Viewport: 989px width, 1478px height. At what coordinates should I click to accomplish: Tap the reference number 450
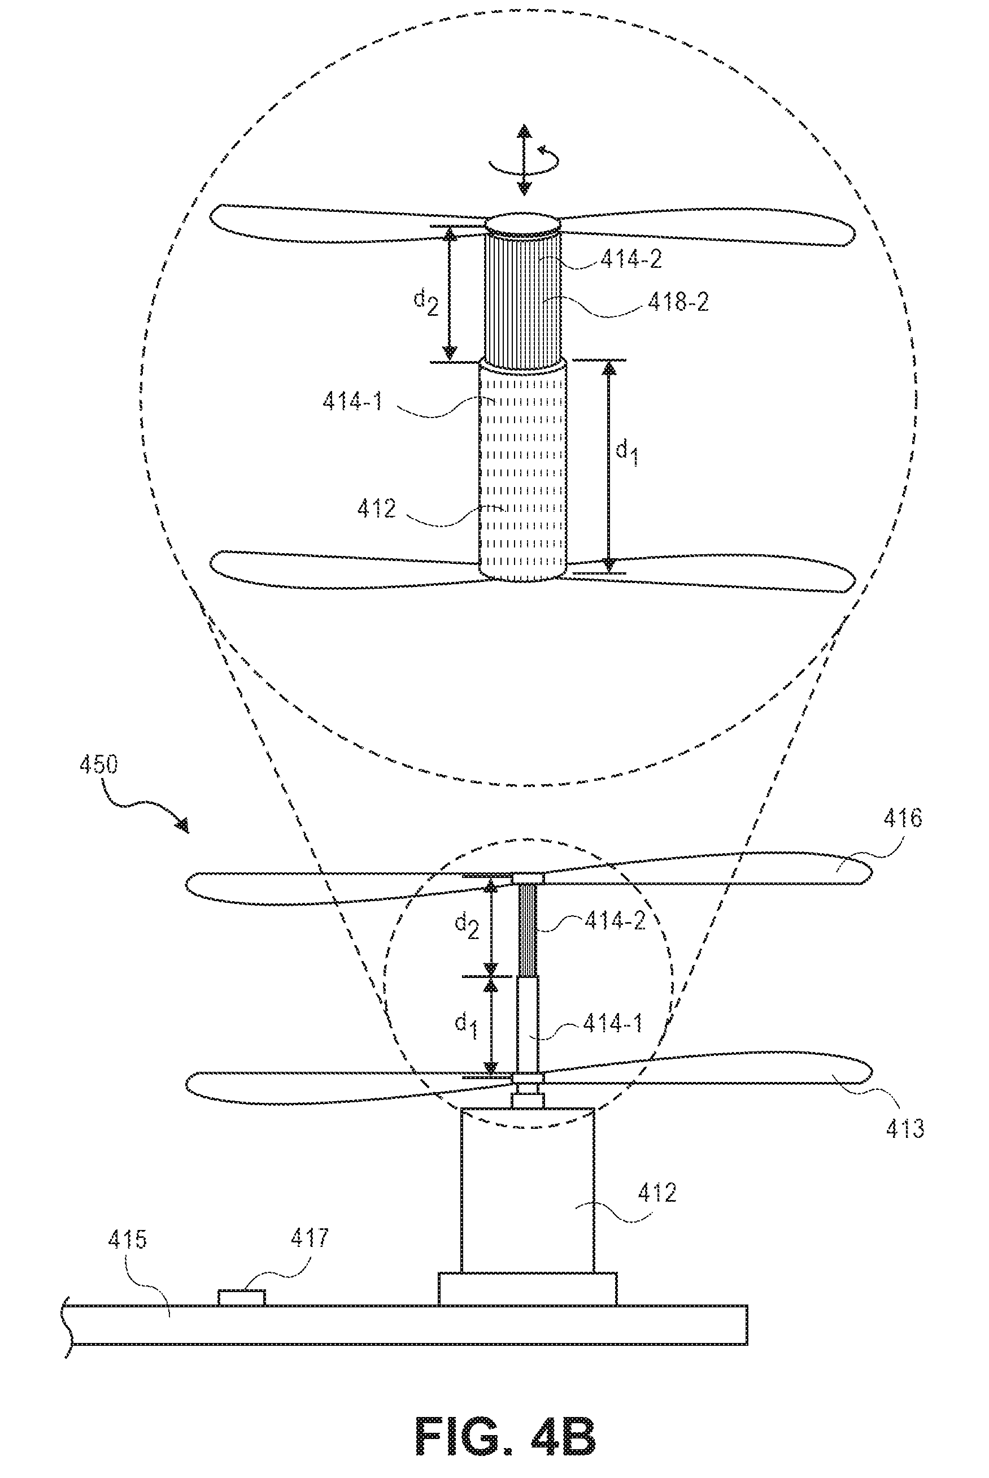(98, 764)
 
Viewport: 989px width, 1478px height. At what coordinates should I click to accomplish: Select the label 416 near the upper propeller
(903, 818)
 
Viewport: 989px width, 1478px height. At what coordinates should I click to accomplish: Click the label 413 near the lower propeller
(905, 1128)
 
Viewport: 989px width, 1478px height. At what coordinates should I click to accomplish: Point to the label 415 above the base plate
(128, 1240)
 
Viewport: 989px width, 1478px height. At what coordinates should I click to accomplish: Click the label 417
(310, 1238)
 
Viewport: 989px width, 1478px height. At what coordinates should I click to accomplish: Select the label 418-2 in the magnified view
(678, 302)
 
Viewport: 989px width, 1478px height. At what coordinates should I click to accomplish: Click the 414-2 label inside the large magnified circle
(631, 259)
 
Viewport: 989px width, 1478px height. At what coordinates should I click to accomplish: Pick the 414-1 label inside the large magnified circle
(353, 401)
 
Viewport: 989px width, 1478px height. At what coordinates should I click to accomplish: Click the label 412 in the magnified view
(377, 508)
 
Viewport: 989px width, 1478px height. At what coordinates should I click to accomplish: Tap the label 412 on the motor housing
(657, 1192)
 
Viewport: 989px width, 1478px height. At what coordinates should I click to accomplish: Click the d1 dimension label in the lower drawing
(467, 1025)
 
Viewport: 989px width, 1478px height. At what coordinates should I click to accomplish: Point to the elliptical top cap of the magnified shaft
(522, 224)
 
